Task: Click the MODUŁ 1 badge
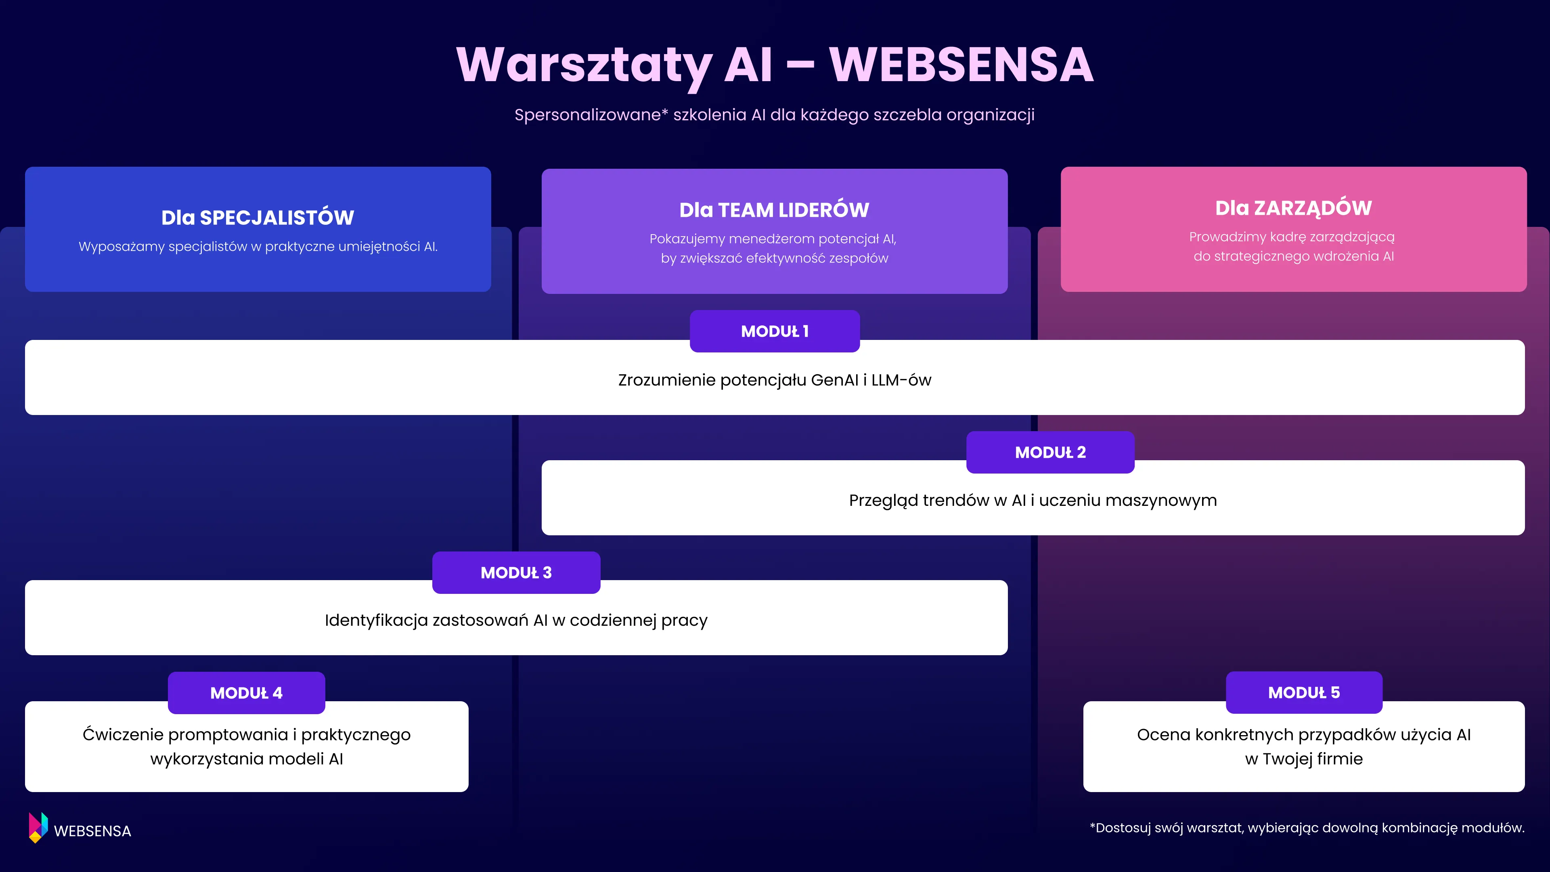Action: pyautogui.click(x=775, y=331)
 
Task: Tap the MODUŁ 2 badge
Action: pyautogui.click(x=1050, y=452)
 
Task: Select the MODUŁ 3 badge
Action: pyautogui.click(x=516, y=572)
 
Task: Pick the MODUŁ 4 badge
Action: pyautogui.click(x=246, y=693)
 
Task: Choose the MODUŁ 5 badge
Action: pyautogui.click(x=1304, y=692)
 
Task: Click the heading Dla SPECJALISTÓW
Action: pyautogui.click(x=258, y=217)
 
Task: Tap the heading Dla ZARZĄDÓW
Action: pyautogui.click(x=1293, y=208)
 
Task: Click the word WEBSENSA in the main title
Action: pyautogui.click(x=961, y=65)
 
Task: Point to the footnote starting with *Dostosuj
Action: pyautogui.click(x=1307, y=828)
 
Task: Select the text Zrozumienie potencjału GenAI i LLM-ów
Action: pyautogui.click(x=775, y=380)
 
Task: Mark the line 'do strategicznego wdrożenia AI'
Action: pyautogui.click(x=1293, y=256)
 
